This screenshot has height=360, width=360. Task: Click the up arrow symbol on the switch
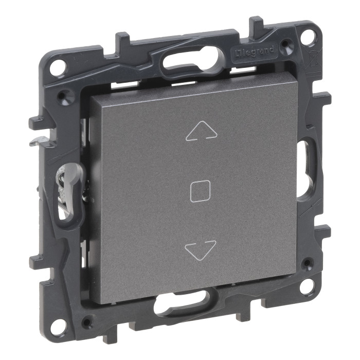202,131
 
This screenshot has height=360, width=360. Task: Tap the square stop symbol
200,191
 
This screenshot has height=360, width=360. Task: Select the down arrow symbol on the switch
200,250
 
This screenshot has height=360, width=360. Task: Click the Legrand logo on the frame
255,51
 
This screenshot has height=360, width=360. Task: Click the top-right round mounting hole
310,35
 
